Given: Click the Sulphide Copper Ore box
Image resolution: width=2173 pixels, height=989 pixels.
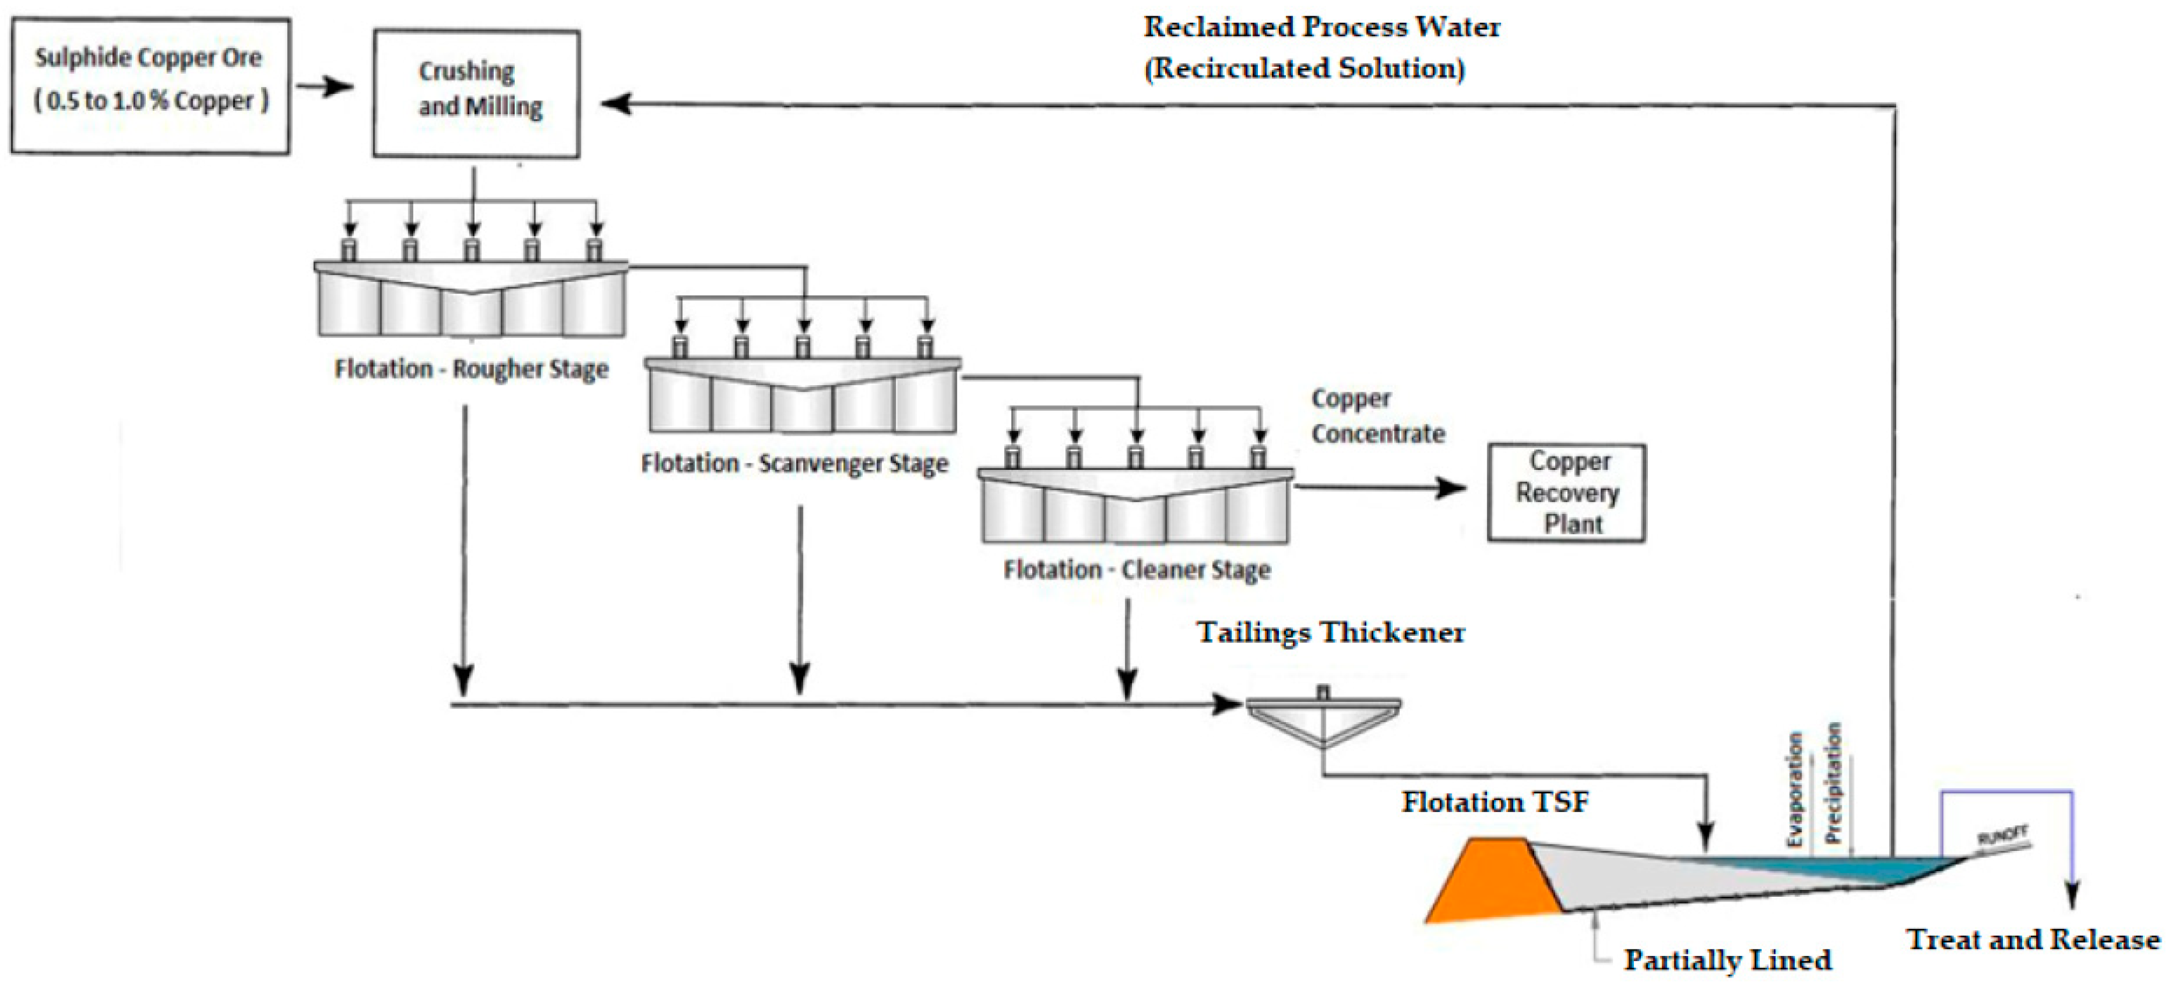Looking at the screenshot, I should pyautogui.click(x=150, y=86).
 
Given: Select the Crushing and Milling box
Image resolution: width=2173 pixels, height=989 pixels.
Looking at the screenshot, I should pyautogui.click(x=476, y=93).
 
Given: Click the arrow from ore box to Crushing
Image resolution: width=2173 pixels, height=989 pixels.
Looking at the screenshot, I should pyautogui.click(x=326, y=86).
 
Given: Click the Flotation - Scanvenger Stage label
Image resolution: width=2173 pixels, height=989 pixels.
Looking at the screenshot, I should pyautogui.click(x=794, y=463).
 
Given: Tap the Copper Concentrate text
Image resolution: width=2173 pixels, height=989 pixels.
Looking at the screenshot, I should pyautogui.click(x=1377, y=416).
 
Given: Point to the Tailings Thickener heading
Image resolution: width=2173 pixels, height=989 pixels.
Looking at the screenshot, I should pyautogui.click(x=1330, y=632).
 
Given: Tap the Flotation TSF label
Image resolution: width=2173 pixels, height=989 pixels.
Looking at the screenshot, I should pyautogui.click(x=1495, y=802).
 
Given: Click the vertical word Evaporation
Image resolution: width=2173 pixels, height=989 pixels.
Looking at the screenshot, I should pyautogui.click(x=1794, y=789).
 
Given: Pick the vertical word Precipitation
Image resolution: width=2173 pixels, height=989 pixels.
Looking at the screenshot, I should pyautogui.click(x=1833, y=782).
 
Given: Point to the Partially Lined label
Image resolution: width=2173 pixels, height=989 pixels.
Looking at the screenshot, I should pyautogui.click(x=1727, y=959).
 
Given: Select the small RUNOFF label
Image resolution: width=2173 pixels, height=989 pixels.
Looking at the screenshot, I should pyautogui.click(x=2002, y=835).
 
